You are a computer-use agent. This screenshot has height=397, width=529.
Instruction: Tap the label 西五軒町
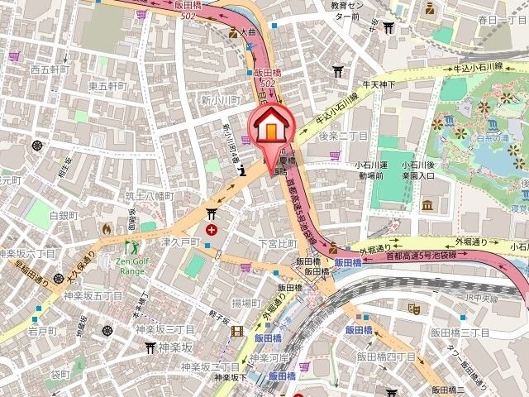(x=51, y=69)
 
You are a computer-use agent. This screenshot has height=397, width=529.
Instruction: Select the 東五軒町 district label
(x=108, y=85)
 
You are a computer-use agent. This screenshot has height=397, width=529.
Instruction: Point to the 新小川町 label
(x=219, y=99)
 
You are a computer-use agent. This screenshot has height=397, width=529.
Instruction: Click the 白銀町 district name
(x=62, y=215)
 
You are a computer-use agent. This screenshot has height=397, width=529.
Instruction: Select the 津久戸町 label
(x=180, y=242)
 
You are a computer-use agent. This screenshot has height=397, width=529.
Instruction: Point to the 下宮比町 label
(x=277, y=244)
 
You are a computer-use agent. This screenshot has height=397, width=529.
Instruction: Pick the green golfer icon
(x=132, y=246)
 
